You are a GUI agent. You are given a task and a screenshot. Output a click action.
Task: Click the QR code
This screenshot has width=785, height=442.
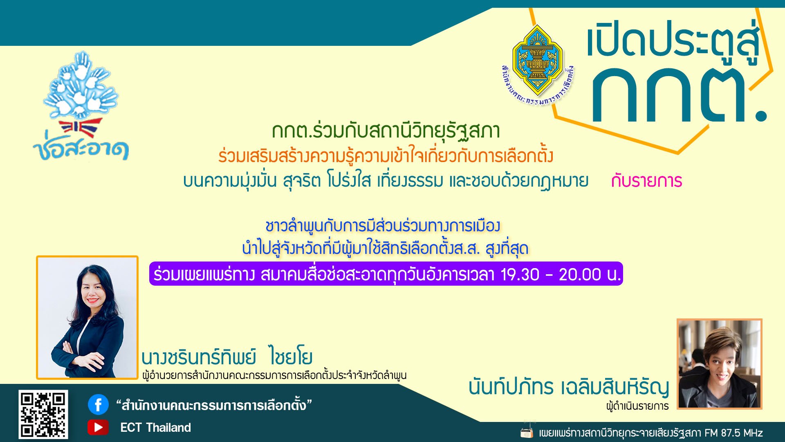pos(43,414)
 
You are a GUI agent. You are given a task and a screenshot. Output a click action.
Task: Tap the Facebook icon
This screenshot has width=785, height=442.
pos(98,405)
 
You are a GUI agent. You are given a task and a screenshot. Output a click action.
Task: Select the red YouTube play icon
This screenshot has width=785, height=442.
pos(98,427)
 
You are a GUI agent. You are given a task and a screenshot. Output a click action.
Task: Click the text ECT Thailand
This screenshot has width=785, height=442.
pos(155,428)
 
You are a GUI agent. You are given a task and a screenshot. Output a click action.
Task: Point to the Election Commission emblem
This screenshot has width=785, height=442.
pos(537,65)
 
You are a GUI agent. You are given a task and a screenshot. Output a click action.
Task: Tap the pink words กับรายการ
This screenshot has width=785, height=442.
pos(646,181)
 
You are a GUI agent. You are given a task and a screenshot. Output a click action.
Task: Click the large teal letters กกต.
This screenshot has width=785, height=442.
pos(679,95)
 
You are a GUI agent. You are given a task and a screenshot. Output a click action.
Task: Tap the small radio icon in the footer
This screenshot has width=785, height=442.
pos(527,431)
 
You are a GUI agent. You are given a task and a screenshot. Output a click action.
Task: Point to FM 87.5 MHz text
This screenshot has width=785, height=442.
pos(733,433)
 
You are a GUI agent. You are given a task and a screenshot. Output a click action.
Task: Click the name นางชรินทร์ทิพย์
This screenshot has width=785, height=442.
pos(199,357)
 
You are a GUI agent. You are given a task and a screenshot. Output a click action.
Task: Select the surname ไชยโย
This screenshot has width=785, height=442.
pos(291,356)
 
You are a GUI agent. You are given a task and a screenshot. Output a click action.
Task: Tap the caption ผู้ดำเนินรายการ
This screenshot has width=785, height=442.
pos(637,406)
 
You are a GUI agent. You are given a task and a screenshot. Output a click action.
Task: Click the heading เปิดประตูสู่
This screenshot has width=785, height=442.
pos(673,41)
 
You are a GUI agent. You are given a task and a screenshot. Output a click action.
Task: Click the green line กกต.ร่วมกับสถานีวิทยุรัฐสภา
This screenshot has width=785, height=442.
pos(386,131)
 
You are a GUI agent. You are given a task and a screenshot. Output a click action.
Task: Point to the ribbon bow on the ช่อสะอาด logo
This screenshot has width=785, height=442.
pos(81,127)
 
